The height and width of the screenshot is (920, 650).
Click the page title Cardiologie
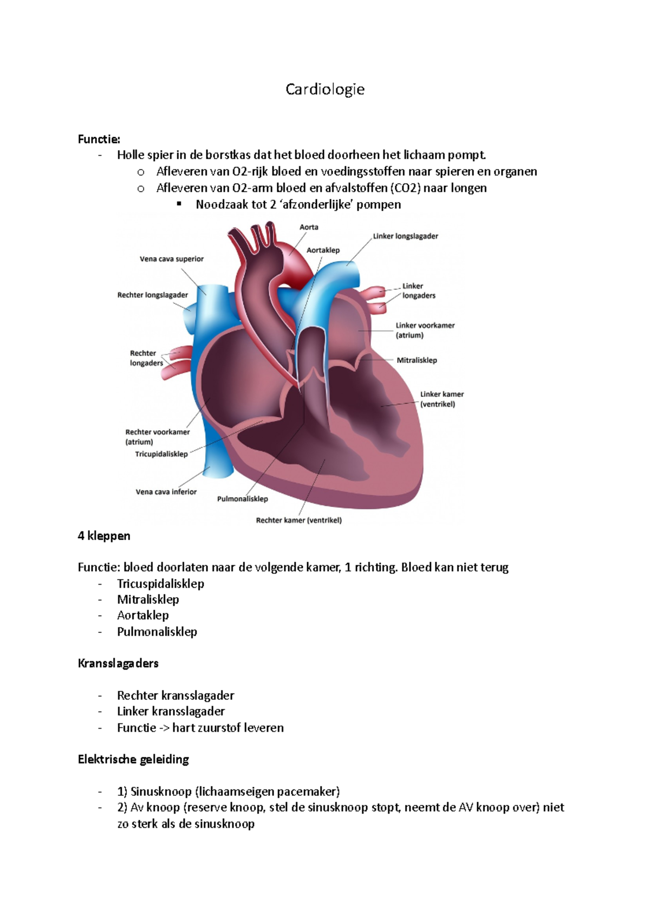click(x=325, y=89)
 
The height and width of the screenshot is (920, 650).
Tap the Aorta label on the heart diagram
click(x=309, y=228)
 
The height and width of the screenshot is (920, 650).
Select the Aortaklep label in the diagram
click(x=323, y=250)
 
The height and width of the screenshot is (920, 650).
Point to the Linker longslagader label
click(x=405, y=236)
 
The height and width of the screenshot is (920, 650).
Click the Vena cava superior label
click(x=172, y=259)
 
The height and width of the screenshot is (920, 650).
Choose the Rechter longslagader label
click(x=153, y=295)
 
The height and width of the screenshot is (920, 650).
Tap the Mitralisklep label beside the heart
click(x=417, y=360)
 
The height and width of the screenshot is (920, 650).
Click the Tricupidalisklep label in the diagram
click(x=161, y=454)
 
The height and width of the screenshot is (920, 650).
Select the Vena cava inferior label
click(x=166, y=492)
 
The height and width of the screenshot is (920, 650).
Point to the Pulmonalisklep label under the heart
click(x=243, y=499)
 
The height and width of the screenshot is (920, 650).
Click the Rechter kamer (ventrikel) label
click(x=299, y=520)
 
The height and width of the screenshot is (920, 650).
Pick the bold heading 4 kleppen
click(x=104, y=536)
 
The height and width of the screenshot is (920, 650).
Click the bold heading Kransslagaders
click(x=118, y=664)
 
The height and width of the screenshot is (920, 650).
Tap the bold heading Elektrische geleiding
click(x=133, y=760)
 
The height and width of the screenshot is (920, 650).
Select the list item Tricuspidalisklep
click(x=160, y=584)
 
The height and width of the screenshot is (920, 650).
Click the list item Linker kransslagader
click(x=171, y=711)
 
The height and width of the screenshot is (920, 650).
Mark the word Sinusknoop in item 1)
click(x=161, y=792)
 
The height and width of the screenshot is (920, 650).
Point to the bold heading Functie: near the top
click(x=99, y=139)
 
